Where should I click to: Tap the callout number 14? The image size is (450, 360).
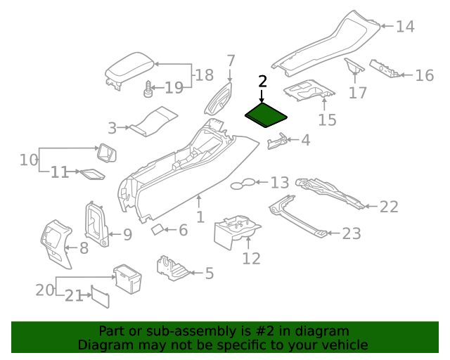coord(405,27)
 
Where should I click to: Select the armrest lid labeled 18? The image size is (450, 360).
coord(129,71)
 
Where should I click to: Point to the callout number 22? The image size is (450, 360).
coord(389,207)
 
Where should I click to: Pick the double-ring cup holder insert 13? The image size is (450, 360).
coord(243,184)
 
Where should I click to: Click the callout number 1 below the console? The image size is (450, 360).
coord(200,217)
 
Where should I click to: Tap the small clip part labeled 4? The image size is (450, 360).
coord(276,142)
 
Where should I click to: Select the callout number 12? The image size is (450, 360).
coord(251,259)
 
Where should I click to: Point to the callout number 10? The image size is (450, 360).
coord(28,160)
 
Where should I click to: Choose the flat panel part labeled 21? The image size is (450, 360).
coord(98,296)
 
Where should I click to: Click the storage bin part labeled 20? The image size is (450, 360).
coord(127,278)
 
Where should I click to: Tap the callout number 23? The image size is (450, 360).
coord(351,233)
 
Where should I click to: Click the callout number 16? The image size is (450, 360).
coord(424,76)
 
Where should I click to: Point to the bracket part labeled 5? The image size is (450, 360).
coord(172,267)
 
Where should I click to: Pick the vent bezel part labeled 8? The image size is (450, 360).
coord(56,243)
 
